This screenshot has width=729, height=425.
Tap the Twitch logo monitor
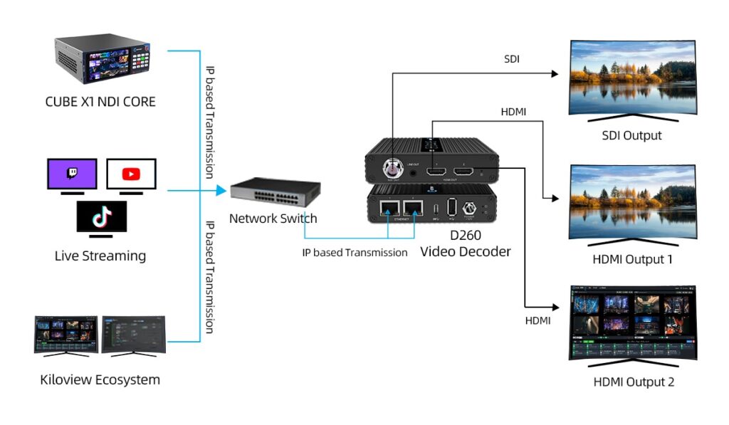tap(72, 174)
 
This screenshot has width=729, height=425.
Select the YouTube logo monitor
tap(131, 174)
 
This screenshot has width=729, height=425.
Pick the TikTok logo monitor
tap(102, 216)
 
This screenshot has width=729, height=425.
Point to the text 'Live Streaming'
tap(100, 256)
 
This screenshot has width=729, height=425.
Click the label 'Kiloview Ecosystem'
tap(100, 379)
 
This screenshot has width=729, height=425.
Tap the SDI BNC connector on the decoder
tap(391, 169)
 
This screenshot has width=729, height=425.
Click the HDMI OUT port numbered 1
tap(434, 171)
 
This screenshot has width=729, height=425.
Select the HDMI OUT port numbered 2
tap(467, 171)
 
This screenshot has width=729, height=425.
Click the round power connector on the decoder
tap(471, 208)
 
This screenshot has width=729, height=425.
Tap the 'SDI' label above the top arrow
tap(511, 59)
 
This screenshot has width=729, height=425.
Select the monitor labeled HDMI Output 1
tap(632, 201)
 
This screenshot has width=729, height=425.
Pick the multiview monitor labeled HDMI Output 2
tap(632, 324)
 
